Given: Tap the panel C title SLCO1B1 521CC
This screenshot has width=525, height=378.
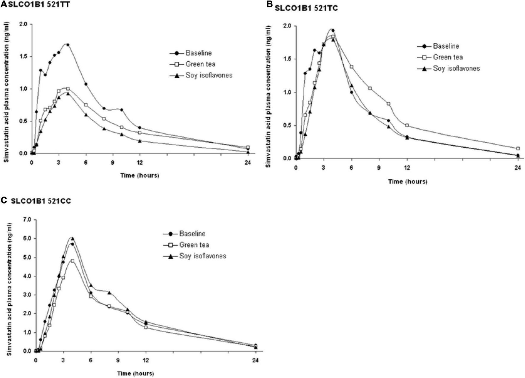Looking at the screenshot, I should coord(41,201).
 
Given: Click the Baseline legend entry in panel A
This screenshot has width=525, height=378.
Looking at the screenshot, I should coord(199,53).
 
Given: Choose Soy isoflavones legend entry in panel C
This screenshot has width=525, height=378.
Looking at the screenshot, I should coord(202,256).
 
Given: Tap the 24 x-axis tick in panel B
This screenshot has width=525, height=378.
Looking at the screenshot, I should coord(518,168).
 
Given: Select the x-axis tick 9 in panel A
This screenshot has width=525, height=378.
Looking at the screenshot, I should coord(113,162).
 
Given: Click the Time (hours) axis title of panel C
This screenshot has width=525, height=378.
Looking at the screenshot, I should coord(135,373).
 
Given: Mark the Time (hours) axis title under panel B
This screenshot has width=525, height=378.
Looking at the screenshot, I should coord(408,181).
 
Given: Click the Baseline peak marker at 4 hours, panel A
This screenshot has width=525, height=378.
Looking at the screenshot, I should coord(68,45).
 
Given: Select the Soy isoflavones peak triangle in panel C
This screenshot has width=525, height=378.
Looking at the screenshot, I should coord(72,239).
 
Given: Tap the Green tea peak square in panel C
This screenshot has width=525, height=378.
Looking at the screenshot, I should coord(72,261).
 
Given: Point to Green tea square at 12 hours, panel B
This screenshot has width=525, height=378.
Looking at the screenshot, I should coord(407,125).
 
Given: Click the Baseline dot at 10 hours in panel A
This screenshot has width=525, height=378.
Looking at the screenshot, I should coord(121,110).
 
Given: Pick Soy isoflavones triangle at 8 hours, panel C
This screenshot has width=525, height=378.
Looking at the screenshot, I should coord(109,293).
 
